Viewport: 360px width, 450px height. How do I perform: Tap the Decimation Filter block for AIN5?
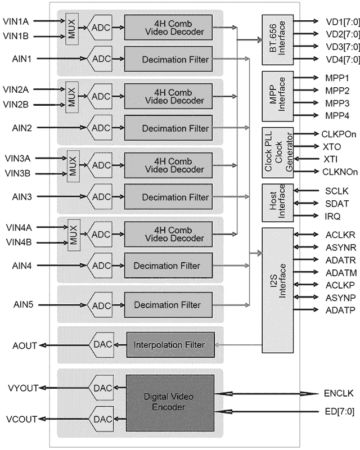170,305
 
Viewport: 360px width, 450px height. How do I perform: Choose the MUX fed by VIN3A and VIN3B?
73,165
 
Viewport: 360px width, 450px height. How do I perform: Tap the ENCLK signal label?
340,393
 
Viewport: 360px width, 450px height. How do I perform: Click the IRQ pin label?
332,215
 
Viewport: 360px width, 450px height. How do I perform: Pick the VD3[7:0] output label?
341,46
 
